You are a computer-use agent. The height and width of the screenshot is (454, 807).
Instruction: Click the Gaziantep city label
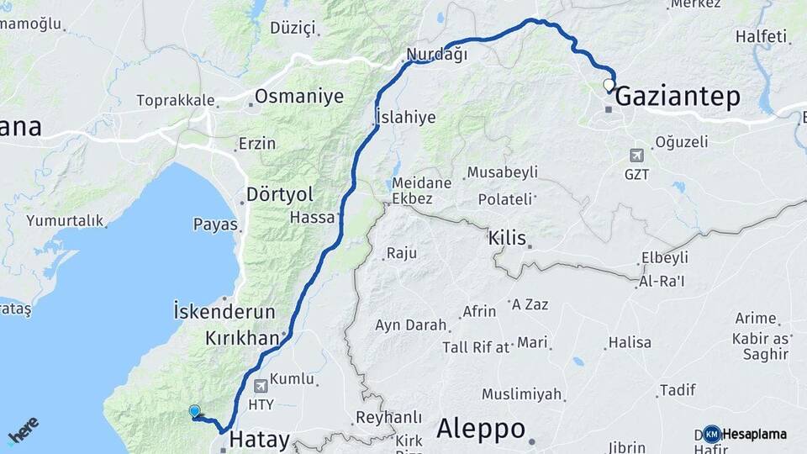[678, 98]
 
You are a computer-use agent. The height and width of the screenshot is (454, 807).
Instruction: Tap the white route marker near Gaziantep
[609, 85]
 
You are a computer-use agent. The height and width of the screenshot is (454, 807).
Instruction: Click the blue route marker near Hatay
[195, 411]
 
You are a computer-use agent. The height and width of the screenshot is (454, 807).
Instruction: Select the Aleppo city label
[480, 429]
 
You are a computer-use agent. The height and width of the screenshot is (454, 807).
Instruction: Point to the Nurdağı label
[436, 55]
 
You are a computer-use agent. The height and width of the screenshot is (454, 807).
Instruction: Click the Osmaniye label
[299, 97]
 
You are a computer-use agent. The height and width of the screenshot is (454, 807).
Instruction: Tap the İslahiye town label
[406, 117]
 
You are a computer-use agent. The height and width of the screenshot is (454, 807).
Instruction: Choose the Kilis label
[507, 239]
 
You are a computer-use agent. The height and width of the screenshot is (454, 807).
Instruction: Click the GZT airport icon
[637, 156]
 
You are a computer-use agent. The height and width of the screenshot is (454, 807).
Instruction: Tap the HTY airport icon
[261, 386]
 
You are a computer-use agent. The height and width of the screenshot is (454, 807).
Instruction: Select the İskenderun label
[224, 311]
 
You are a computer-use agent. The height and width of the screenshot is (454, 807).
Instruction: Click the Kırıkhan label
[242, 338]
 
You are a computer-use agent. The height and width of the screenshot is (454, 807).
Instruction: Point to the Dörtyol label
[279, 195]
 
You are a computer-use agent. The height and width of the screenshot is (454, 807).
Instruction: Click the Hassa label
[313, 217]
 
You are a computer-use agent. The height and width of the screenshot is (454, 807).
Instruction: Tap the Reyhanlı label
[388, 416]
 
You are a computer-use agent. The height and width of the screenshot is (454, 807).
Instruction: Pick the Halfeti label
[761, 37]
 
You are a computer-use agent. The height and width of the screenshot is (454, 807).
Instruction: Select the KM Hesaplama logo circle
[712, 434]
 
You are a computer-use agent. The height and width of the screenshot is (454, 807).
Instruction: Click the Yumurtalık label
[65, 221]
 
